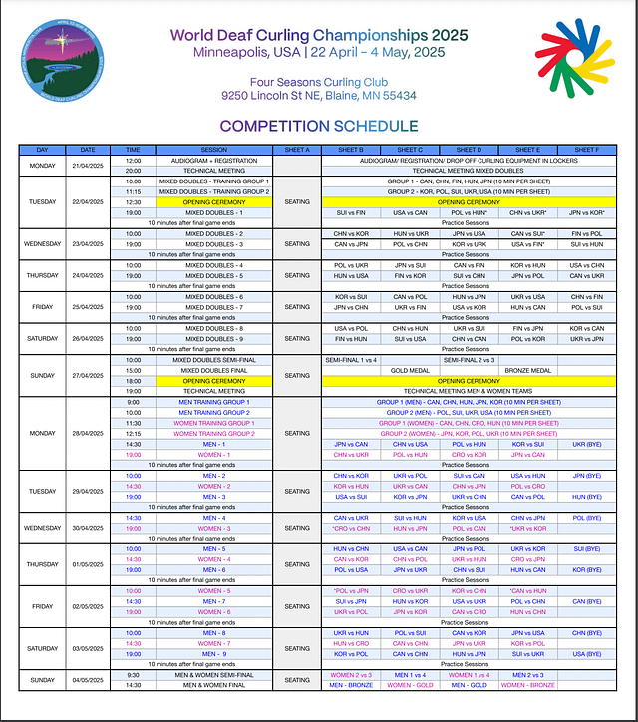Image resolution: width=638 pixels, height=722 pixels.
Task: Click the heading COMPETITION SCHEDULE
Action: (x=319, y=126)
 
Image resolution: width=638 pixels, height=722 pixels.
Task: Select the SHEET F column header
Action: (x=586, y=150)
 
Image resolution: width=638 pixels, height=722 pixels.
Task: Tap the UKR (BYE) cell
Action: (x=586, y=444)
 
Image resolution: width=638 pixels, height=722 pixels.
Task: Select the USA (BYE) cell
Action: (x=586, y=654)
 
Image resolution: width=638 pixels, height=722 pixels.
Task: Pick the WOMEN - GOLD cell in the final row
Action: (x=410, y=685)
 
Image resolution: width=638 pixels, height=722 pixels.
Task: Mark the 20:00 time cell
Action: (x=133, y=171)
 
